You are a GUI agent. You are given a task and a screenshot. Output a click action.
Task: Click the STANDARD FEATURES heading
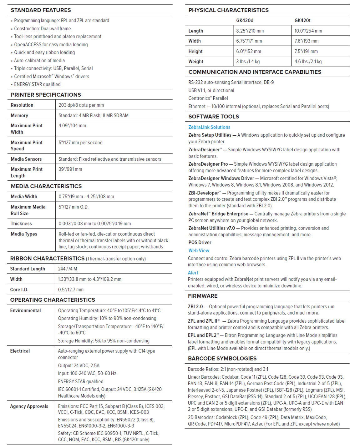tap(41, 10)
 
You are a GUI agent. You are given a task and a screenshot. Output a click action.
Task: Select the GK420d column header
tap(245, 20)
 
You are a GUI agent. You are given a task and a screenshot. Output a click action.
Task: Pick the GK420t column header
tap(302, 20)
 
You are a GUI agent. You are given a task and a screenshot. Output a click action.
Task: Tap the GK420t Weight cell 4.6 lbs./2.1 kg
tap(308, 62)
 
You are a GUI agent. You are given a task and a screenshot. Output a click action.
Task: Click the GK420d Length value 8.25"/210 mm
tap(250, 31)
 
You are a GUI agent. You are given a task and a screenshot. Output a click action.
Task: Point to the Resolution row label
tap(22, 105)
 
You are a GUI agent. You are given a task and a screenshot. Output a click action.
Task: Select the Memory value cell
tap(94, 115)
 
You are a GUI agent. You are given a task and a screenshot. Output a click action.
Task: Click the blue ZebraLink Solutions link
tap(209, 127)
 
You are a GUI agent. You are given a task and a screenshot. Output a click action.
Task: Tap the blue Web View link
tap(199, 250)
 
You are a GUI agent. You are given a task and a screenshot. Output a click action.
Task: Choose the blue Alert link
tap(193, 273)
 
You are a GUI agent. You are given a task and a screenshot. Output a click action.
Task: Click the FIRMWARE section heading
tap(203, 296)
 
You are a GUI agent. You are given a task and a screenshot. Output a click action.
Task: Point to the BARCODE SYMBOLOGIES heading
tap(222, 358)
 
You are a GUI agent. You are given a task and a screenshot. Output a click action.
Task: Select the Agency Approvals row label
tap(29, 406)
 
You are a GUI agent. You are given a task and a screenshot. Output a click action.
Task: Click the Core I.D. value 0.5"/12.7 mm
tap(71, 289)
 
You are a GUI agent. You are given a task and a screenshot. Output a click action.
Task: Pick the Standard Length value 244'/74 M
tap(68, 269)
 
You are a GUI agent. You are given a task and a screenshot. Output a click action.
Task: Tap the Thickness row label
tap(21, 224)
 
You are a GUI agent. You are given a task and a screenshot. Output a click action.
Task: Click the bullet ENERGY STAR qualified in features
tap(37, 84)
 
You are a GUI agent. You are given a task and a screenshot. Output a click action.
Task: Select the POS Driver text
tap(200, 242)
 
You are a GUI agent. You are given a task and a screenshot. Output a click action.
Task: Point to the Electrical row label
tap(20, 351)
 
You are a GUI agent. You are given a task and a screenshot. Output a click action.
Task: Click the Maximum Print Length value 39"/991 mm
tap(70, 169)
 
